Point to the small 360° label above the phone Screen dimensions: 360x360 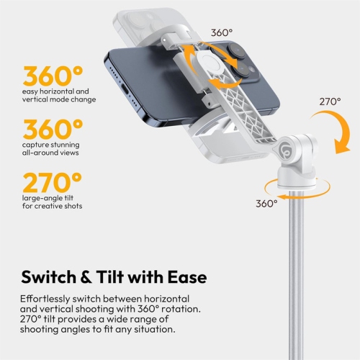click(x=222, y=32)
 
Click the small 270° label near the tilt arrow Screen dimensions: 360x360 click(x=330, y=102)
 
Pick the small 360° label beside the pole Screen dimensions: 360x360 click(x=266, y=203)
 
